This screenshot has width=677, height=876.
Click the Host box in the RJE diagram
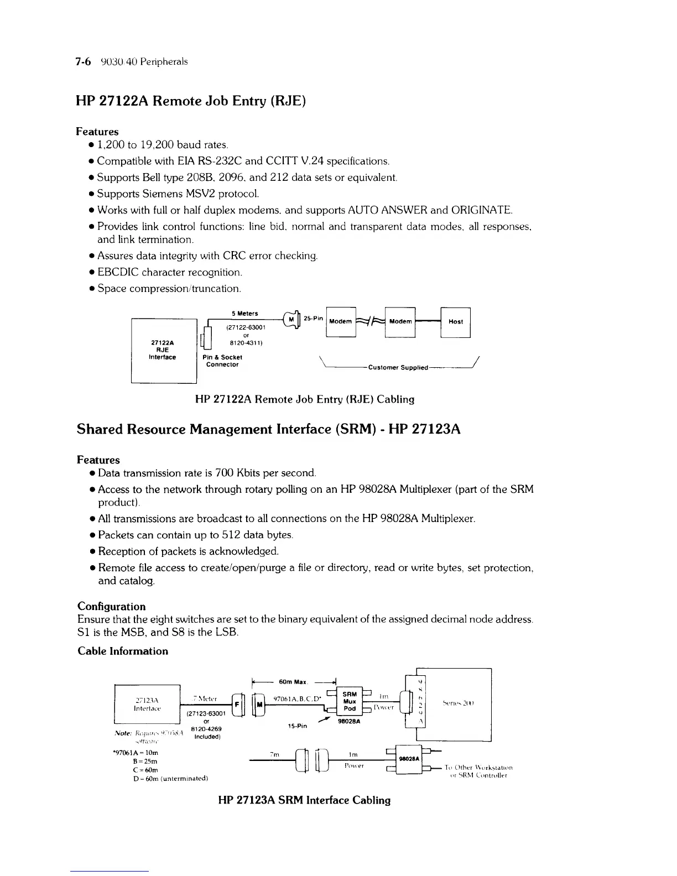click(455, 321)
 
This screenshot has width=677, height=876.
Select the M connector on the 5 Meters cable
click(291, 319)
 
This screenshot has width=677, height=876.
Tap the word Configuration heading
click(111, 606)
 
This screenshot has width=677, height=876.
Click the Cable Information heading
click(122, 651)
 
